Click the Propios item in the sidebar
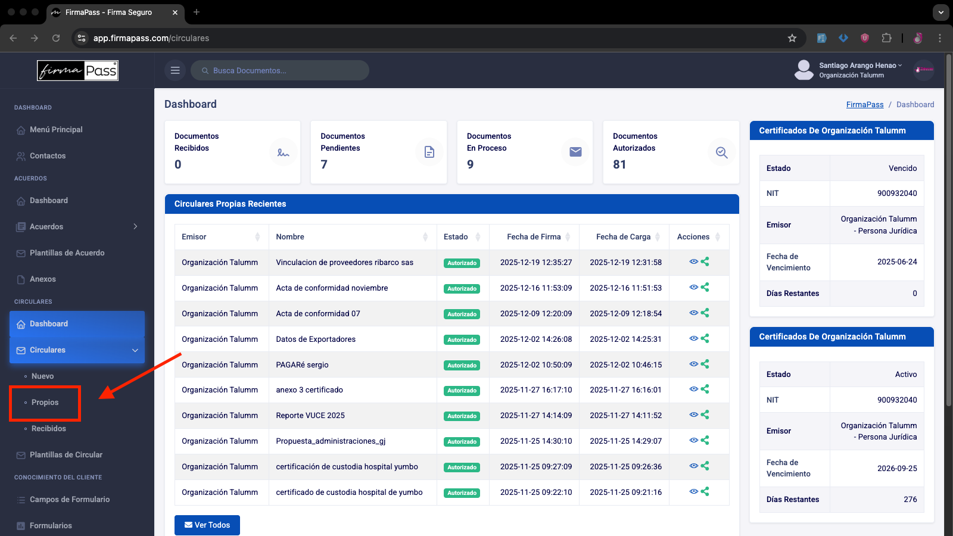[x=45, y=403]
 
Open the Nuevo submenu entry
[x=42, y=376]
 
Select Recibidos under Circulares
[x=48, y=428]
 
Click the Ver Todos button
[x=207, y=525]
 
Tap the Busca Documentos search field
[x=279, y=71]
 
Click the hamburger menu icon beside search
[x=175, y=71]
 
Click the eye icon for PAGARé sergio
[x=693, y=364]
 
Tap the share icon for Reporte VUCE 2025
[x=705, y=415]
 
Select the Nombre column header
[x=289, y=236]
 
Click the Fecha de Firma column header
[x=534, y=236]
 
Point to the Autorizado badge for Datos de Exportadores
[x=462, y=339]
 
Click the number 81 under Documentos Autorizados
[x=619, y=164]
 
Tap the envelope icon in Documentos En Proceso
[x=575, y=152]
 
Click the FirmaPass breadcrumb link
[x=864, y=105]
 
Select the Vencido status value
[x=902, y=168]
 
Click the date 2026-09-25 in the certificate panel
[x=897, y=468]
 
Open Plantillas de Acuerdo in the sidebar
[x=67, y=253]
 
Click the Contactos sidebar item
[x=48, y=155]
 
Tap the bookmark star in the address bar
[x=792, y=38]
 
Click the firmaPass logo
[x=77, y=71]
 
